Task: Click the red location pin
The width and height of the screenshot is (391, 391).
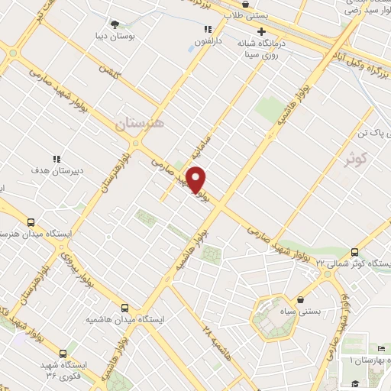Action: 196,180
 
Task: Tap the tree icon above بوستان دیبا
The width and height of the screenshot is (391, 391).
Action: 115,24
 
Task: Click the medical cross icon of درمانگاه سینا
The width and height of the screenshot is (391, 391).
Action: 262,32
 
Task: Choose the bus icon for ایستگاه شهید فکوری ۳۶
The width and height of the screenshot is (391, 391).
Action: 62,354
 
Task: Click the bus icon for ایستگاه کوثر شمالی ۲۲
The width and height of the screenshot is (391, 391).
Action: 355,252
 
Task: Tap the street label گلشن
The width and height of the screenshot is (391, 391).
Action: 108,74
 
